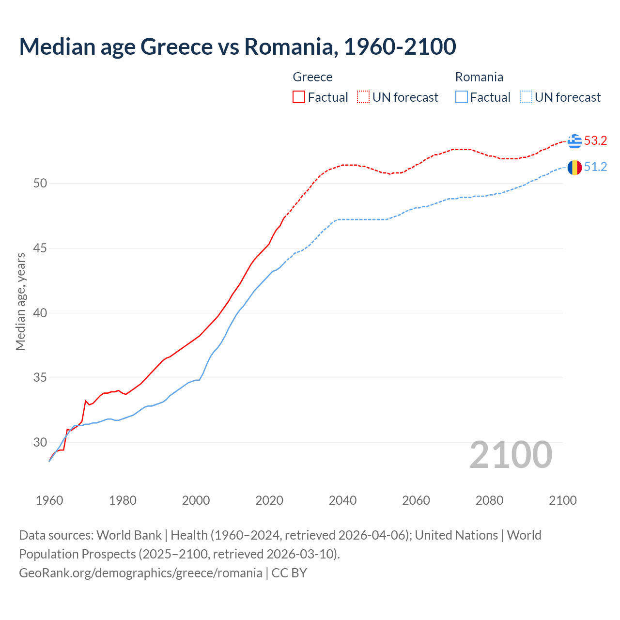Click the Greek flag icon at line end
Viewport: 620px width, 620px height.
[574, 141]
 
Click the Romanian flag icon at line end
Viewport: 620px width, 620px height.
[574, 168]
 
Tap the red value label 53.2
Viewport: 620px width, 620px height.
[595, 141]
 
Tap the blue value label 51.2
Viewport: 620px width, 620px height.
[595, 167]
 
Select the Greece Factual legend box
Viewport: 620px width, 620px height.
[299, 97]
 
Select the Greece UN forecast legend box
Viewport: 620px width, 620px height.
[363, 97]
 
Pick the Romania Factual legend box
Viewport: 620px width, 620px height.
[462, 97]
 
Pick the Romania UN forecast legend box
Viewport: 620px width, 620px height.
[526, 97]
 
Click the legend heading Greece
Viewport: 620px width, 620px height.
[312, 77]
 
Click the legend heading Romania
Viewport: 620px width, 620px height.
[479, 77]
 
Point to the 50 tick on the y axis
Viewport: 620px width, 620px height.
[40, 183]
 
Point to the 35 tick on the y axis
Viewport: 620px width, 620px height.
[40, 377]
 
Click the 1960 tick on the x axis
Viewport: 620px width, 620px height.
[49, 500]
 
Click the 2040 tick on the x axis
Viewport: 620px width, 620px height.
[342, 500]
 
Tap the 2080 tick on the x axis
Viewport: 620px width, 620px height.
[489, 500]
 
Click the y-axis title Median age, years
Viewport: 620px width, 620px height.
[20, 301]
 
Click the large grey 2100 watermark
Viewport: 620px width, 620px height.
[511, 454]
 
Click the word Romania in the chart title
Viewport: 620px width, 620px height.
[290, 46]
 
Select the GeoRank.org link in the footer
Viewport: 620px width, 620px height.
[140, 573]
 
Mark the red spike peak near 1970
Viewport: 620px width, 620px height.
[86, 401]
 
